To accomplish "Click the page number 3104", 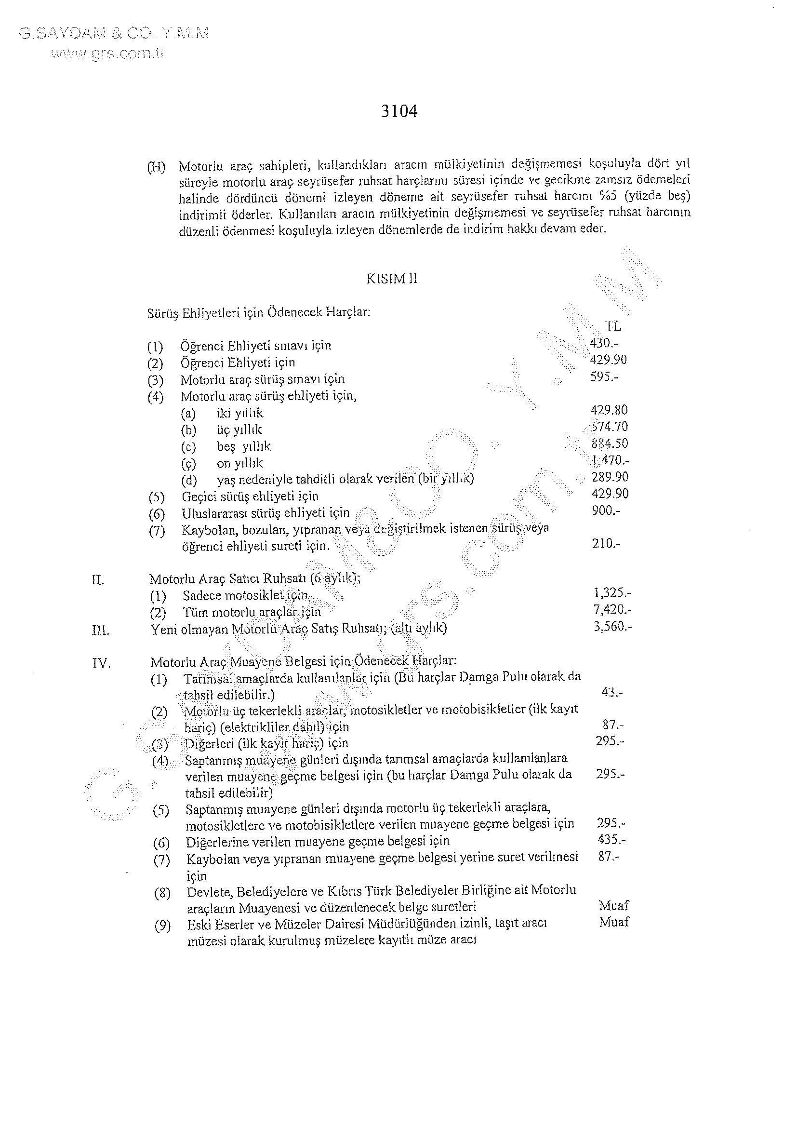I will coord(399,112).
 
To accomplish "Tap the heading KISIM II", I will coord(392,279).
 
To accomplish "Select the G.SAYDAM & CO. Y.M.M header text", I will coord(114,33).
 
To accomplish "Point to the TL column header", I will coord(614,326).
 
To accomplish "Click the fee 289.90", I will coord(610,477).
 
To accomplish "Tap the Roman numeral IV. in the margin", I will coord(102,664).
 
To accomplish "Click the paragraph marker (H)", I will coord(157,166).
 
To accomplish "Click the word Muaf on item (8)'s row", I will coord(614,905).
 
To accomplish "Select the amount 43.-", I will coord(612,693).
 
